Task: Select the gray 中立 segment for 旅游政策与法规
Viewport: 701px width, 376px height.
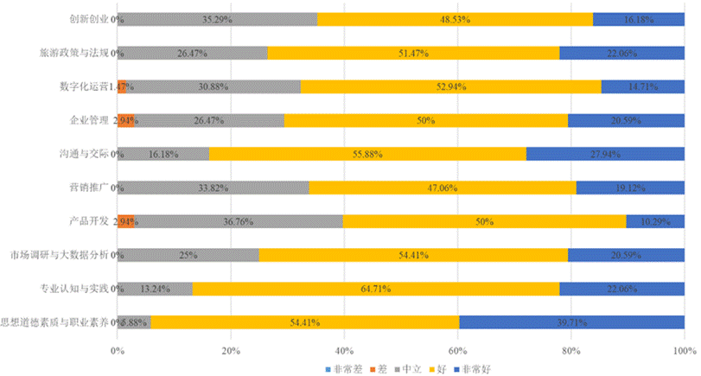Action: [x=192, y=53]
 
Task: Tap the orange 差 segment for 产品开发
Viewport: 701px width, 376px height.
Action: [x=125, y=221]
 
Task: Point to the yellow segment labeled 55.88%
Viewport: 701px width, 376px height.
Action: [x=367, y=154]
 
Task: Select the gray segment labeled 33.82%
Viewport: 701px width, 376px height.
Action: [x=213, y=188]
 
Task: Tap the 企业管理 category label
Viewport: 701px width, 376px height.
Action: [x=90, y=120]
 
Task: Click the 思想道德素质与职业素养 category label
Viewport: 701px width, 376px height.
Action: [x=57, y=322]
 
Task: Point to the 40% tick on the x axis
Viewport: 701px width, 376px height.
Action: [x=344, y=351]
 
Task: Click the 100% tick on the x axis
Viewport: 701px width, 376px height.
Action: [x=684, y=351]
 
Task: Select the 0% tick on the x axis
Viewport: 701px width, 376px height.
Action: [x=118, y=351]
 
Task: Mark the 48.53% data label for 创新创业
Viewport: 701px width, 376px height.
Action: [x=454, y=19]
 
